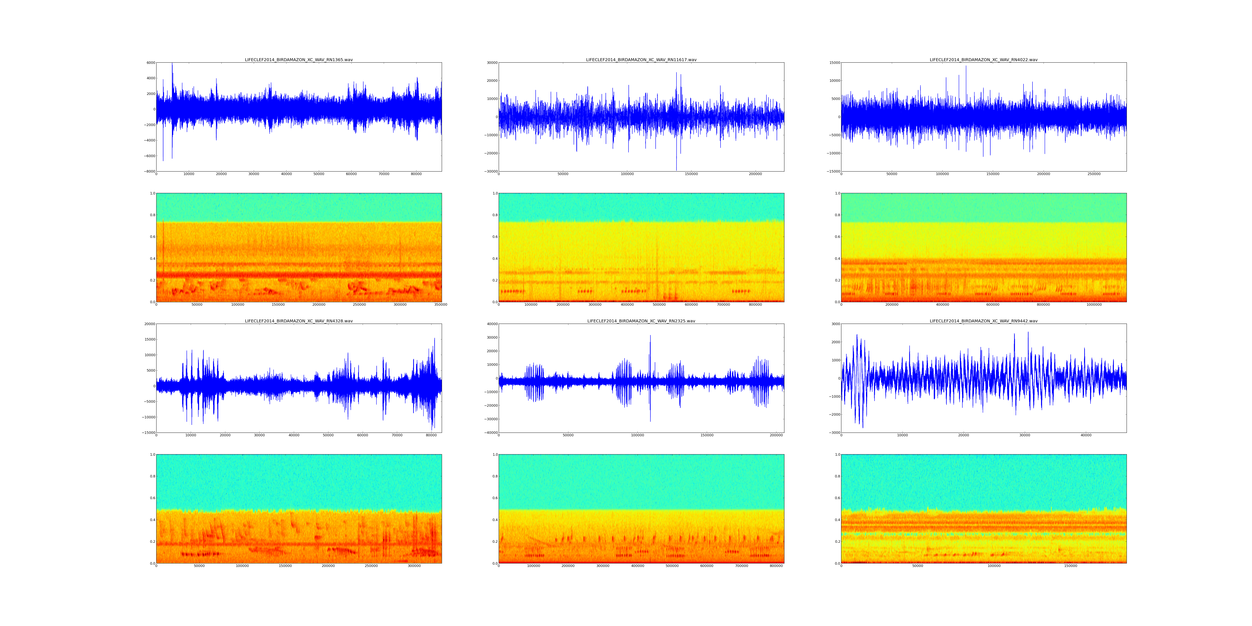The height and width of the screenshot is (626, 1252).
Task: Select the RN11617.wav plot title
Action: [x=641, y=60]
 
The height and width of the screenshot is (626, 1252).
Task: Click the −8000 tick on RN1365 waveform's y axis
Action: [x=149, y=172]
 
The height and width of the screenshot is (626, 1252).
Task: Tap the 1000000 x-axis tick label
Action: [x=1094, y=305]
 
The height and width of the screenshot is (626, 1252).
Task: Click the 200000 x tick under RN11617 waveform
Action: [x=755, y=174]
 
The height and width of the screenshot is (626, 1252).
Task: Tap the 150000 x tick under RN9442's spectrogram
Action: [x=1071, y=566]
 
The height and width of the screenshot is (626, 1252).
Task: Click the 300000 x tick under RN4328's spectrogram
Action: [x=414, y=566]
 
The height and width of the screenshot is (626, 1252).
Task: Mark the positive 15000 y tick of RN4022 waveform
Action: [x=833, y=63]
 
